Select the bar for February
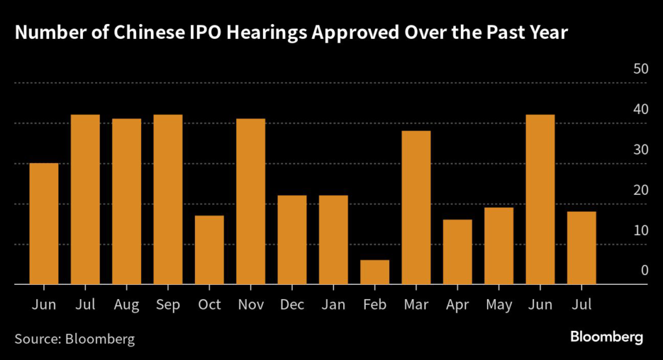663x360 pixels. click(375, 272)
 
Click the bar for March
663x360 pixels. click(416, 207)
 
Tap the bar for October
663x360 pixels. click(209, 249)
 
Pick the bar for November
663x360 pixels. click(251, 201)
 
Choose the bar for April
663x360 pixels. click(458, 251)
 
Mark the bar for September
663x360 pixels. click(168, 199)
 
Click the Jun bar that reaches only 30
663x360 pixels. click(44, 223)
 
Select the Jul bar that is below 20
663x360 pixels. click(581, 247)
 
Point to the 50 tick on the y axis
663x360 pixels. click(640, 69)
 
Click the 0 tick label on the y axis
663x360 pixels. click(644, 270)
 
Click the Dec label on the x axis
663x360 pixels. click(292, 304)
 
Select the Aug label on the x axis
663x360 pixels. click(126, 304)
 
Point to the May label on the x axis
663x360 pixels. click(499, 305)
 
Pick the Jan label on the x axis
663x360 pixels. click(333, 304)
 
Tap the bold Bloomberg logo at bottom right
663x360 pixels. click(607, 337)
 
